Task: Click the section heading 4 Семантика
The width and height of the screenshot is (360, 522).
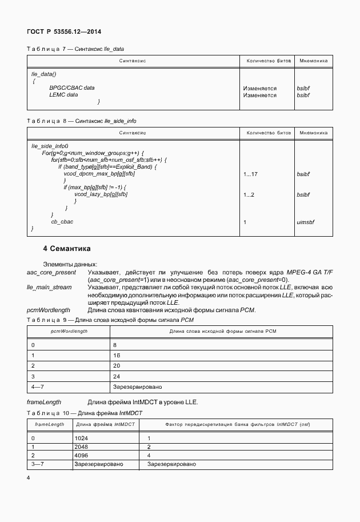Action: [x=66, y=249]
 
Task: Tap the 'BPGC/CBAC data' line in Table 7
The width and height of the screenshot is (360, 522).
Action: [x=72, y=88]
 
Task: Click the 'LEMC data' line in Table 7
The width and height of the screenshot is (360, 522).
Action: [x=63, y=95]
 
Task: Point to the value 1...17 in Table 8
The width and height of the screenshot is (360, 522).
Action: [x=251, y=174]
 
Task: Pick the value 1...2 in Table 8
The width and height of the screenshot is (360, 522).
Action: [x=249, y=195]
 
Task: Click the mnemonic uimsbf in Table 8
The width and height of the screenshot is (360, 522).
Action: [x=306, y=222]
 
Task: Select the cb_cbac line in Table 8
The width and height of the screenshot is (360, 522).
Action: [x=62, y=222]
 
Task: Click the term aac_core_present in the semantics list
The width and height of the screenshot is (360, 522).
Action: [x=51, y=273]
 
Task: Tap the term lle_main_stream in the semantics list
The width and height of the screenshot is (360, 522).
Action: [x=49, y=288]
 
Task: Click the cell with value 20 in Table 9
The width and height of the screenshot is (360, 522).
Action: [x=116, y=365]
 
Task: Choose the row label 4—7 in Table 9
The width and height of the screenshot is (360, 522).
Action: [x=37, y=387]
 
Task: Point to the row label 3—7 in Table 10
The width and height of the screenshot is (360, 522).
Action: [x=37, y=464]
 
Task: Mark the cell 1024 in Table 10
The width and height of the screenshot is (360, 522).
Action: [x=81, y=437]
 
